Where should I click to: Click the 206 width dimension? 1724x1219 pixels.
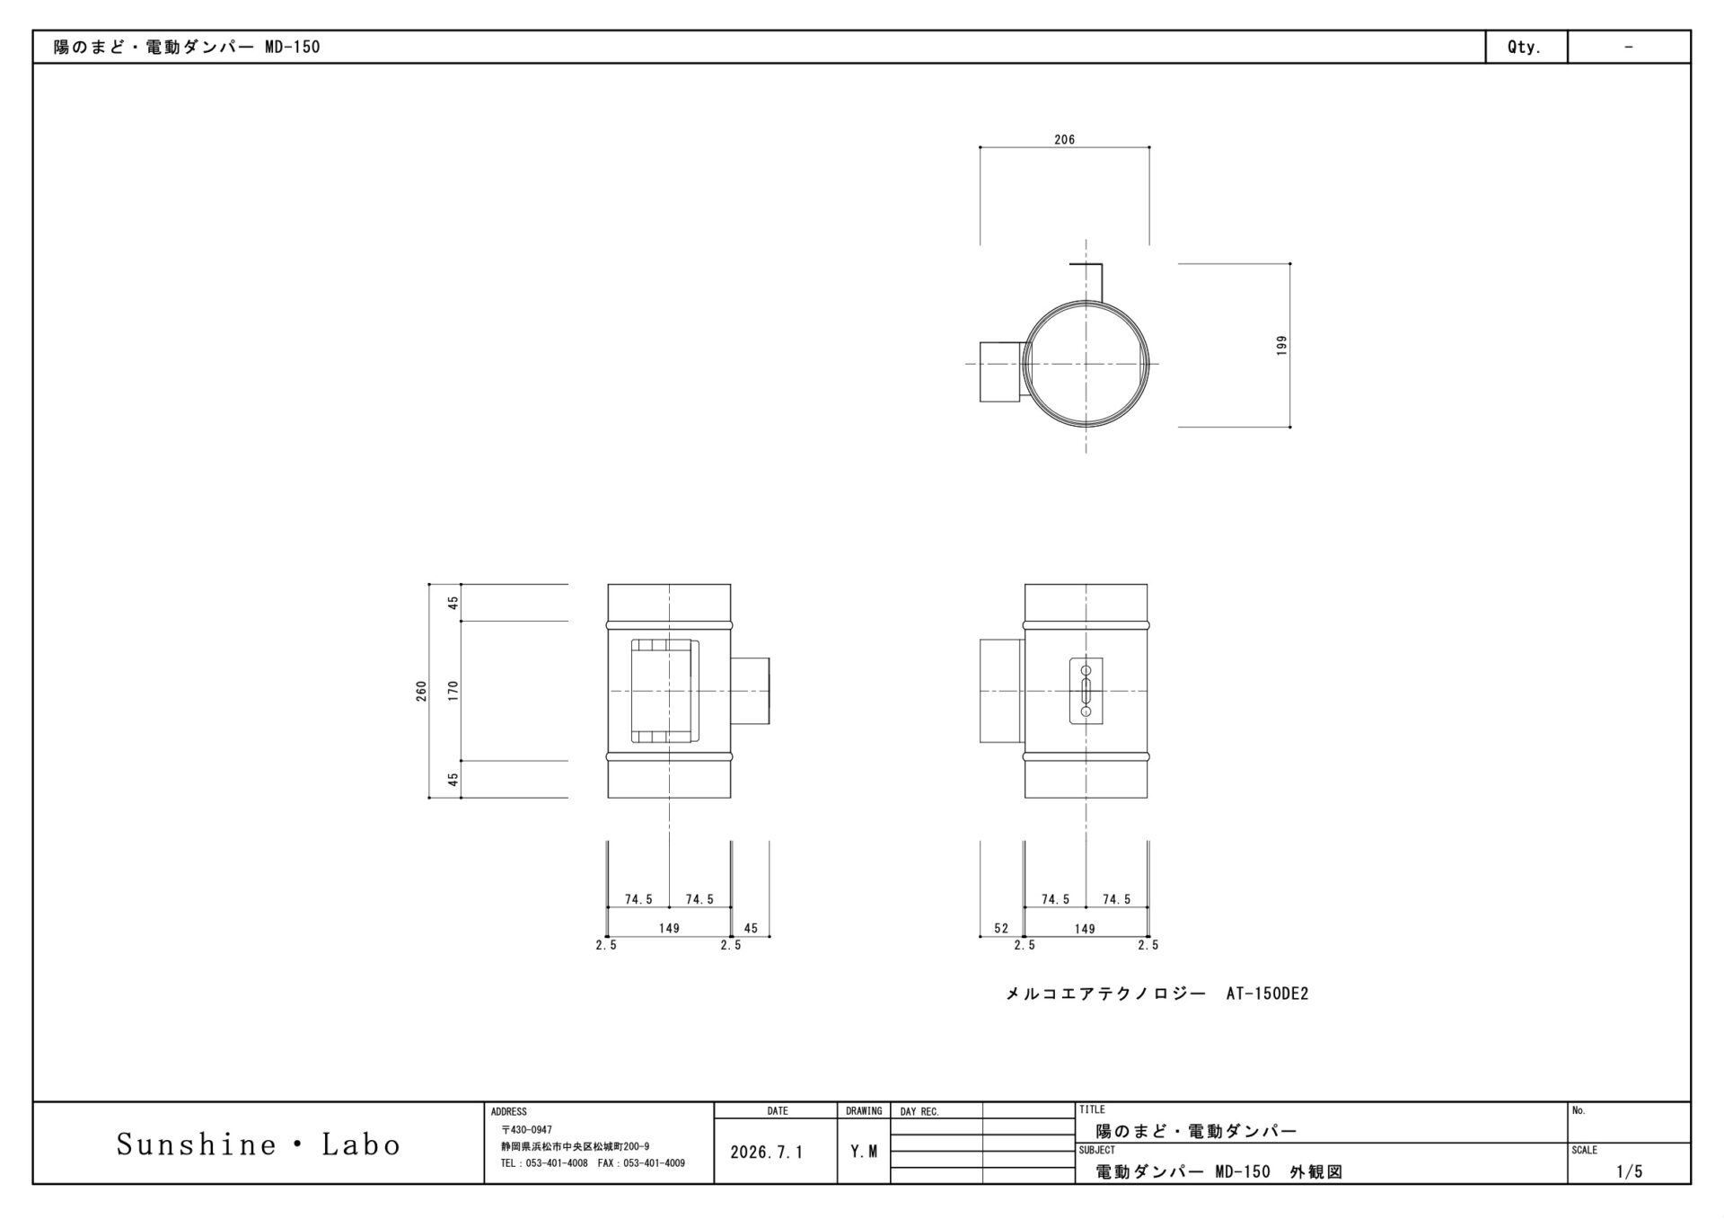1064,140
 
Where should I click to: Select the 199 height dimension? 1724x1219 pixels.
1281,346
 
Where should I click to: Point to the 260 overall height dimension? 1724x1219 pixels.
421,691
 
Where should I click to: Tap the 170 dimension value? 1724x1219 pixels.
453,691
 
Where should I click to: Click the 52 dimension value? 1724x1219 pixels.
1001,929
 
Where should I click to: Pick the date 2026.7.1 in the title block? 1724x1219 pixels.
767,1153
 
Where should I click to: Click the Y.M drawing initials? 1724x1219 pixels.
864,1153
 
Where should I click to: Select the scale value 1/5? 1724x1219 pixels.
1629,1171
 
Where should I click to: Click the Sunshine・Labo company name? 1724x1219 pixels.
259,1144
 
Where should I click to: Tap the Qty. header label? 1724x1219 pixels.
1525,48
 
